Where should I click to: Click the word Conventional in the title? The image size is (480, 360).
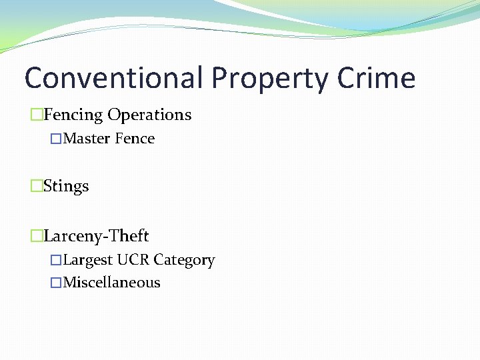click(x=113, y=78)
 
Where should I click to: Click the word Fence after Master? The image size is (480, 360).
click(x=135, y=139)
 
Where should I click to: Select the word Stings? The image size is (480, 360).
click(x=66, y=187)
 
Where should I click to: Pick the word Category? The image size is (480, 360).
click(x=184, y=261)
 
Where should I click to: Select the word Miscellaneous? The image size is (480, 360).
click(x=111, y=283)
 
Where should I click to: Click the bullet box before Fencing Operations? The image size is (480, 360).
click(x=36, y=115)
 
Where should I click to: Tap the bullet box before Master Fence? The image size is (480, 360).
click(x=56, y=139)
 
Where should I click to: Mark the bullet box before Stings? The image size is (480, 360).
click(x=36, y=187)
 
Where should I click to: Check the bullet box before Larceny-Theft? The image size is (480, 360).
click(x=36, y=236)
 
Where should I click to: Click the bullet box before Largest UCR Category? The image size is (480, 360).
click(x=56, y=261)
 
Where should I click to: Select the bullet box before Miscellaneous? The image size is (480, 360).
click(x=56, y=283)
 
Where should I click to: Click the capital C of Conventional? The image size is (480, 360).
click(x=35, y=78)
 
